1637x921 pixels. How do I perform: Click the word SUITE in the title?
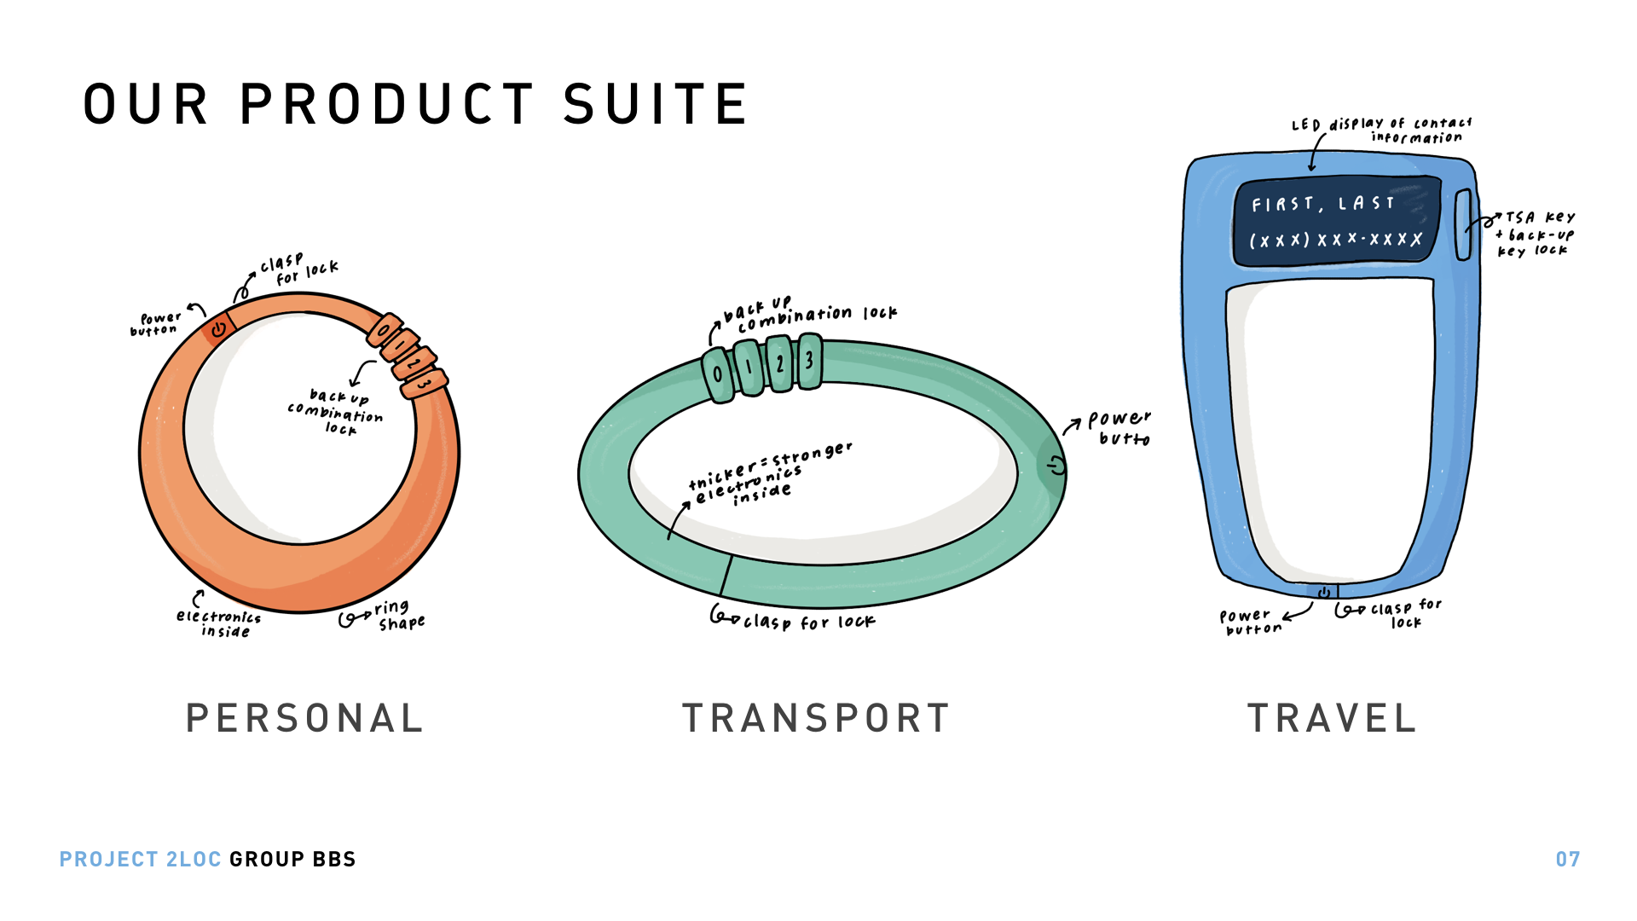click(x=656, y=104)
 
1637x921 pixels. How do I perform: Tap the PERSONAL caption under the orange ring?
click(x=304, y=718)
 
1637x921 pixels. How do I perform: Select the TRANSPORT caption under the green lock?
click(x=815, y=718)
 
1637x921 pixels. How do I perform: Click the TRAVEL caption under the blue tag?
click(x=1332, y=718)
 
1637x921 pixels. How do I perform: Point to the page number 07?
click(x=1568, y=859)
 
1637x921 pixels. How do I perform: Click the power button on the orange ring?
click(x=219, y=329)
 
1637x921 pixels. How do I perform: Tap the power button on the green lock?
click(x=1055, y=466)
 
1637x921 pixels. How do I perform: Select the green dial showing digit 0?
click(x=718, y=375)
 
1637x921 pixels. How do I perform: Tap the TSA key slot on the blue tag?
click(x=1463, y=225)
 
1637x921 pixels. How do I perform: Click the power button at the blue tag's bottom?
click(x=1323, y=592)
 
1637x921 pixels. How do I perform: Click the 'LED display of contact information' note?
click(x=1381, y=130)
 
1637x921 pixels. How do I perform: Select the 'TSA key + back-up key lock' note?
click(x=1536, y=234)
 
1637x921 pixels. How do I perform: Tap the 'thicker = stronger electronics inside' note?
click(x=770, y=473)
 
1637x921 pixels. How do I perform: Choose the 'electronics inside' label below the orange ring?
click(x=219, y=623)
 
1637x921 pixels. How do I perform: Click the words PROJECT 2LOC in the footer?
click(x=141, y=859)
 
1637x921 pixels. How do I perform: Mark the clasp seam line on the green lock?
click(x=726, y=575)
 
